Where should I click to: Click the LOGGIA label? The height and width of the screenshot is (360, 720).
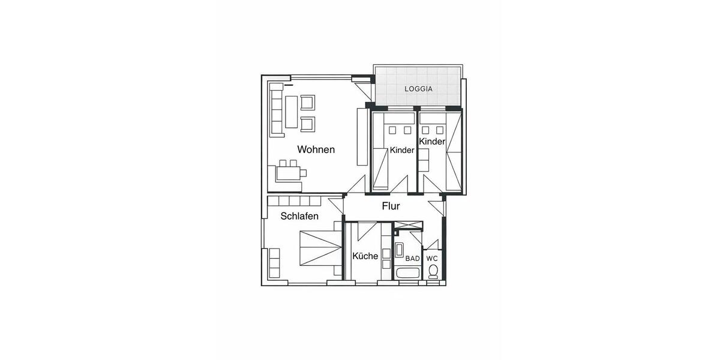click(418, 89)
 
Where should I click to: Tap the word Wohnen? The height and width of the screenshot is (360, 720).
click(316, 149)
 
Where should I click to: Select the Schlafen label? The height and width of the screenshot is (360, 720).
click(299, 216)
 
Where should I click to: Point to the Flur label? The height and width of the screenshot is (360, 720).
click(391, 206)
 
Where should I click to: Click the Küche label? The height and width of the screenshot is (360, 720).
click(365, 256)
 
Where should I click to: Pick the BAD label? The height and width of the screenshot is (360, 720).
click(412, 259)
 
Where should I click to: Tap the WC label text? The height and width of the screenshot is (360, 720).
click(432, 259)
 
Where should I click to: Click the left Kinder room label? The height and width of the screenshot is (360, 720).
click(401, 151)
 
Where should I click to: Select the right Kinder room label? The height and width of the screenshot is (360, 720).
click(432, 142)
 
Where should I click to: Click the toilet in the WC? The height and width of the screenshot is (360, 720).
click(433, 271)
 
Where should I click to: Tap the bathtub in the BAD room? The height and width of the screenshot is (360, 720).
click(407, 274)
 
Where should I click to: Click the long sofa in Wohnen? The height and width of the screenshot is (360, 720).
click(277, 110)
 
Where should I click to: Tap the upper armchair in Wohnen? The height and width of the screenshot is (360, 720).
click(308, 102)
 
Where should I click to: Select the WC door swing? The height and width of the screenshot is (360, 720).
click(433, 244)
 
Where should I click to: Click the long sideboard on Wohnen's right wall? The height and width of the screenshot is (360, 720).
click(361, 136)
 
